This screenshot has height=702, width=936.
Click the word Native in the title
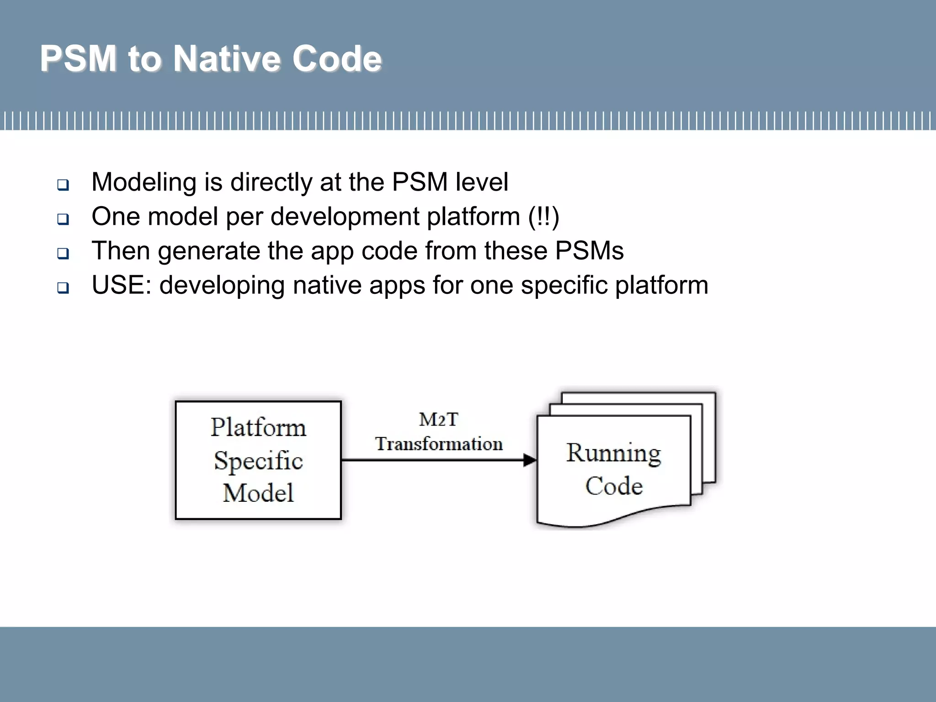point(228,59)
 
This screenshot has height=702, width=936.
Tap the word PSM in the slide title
point(78,59)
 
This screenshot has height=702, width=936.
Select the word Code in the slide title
point(337,59)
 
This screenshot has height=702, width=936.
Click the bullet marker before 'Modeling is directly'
point(63,185)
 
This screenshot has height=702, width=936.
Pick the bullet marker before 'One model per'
point(63,219)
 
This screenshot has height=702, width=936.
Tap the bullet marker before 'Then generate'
point(63,253)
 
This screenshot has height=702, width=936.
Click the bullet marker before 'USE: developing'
point(63,287)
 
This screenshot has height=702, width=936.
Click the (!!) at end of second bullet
point(543,217)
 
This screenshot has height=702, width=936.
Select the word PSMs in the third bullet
point(589,251)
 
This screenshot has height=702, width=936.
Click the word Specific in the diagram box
point(258,461)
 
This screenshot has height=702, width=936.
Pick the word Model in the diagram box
point(258,493)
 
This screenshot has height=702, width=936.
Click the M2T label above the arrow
point(438,420)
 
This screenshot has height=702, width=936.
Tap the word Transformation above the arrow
point(439,444)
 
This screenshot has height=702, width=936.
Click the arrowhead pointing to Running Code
point(530,460)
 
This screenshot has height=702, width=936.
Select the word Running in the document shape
point(613,453)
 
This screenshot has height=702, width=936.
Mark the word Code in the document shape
point(614,486)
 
